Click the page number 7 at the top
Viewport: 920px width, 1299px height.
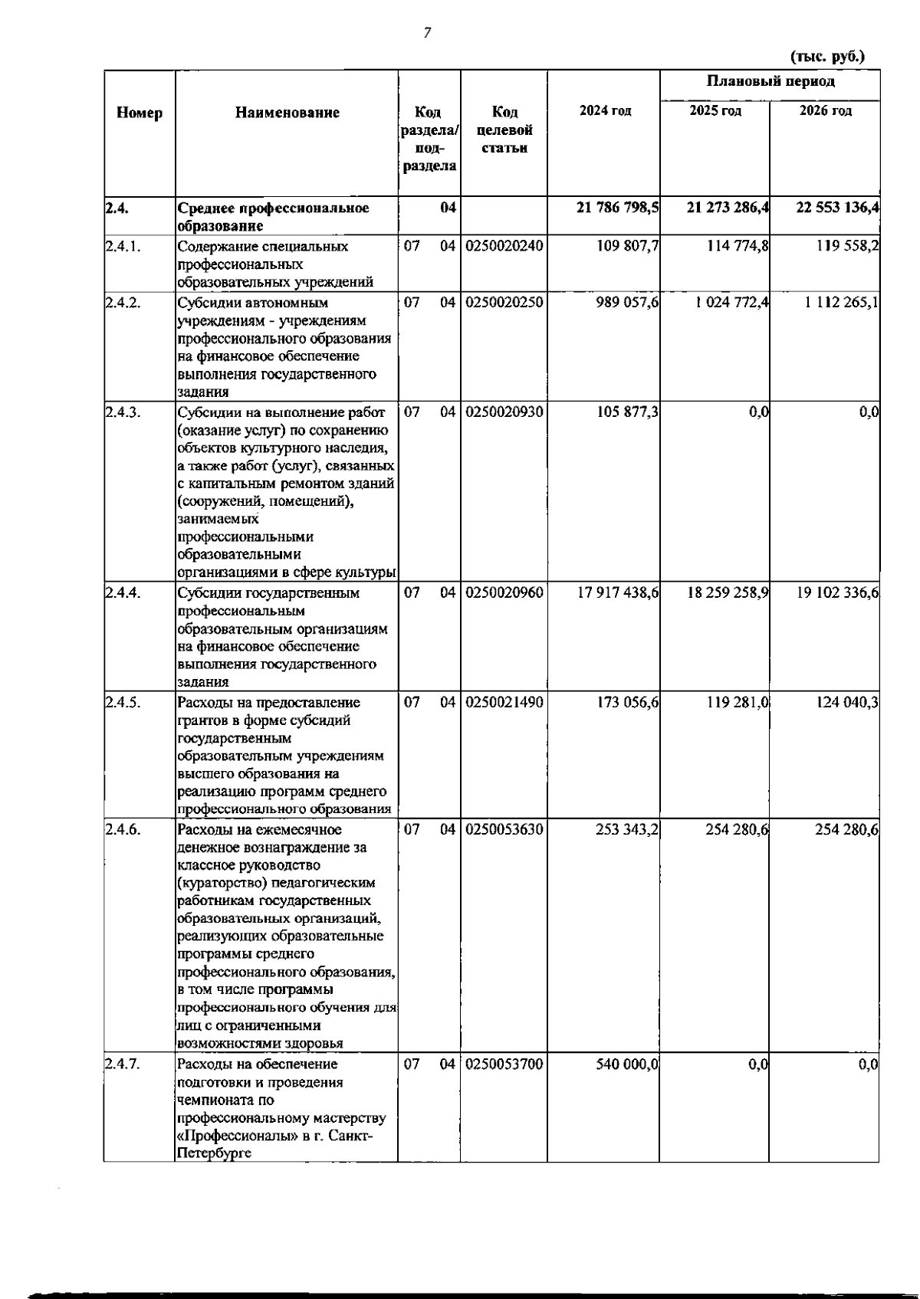[x=427, y=32]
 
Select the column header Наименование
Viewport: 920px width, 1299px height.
[x=287, y=113]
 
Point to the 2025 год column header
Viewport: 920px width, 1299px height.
[x=715, y=111]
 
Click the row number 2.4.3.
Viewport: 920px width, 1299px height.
[x=123, y=412]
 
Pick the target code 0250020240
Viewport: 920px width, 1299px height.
[x=504, y=247]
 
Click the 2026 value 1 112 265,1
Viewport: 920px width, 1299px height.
[x=841, y=303]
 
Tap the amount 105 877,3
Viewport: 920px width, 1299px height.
[x=628, y=412]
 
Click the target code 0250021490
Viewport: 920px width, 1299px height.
[x=504, y=703]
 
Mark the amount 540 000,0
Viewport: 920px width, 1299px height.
[x=627, y=1064]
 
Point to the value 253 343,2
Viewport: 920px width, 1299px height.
[x=627, y=830]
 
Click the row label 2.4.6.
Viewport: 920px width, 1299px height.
[x=123, y=830]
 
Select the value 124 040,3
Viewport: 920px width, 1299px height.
[x=847, y=703]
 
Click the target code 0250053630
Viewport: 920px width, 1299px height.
[x=504, y=830]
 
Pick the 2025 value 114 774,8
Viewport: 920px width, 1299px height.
[x=738, y=247]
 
